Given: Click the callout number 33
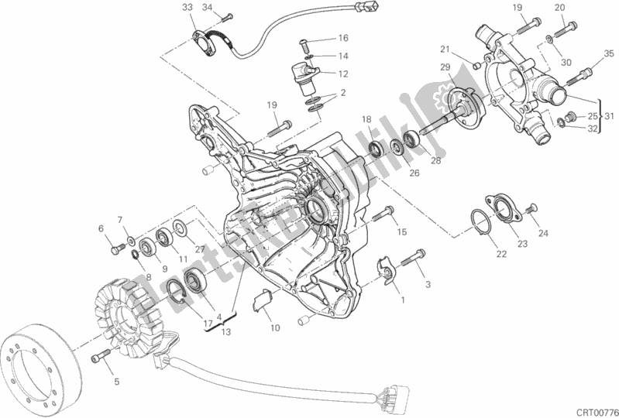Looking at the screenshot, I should point(186,8).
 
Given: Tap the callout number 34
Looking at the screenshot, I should point(207,8).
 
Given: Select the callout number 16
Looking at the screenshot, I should point(343,37).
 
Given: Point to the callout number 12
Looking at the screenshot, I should point(343,74).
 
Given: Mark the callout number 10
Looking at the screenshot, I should point(276,327).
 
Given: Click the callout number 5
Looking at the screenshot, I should point(115,381).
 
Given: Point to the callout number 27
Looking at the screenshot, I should point(200,248).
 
